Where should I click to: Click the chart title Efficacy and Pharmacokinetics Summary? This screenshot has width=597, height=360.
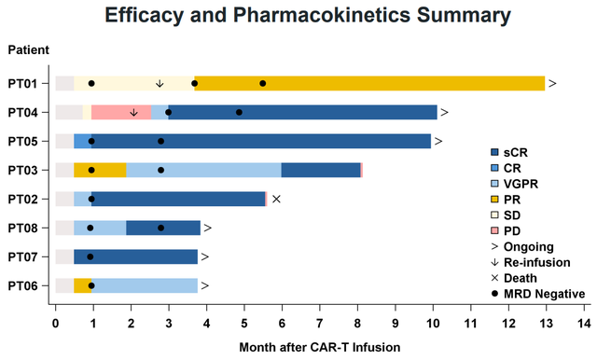(x=308, y=16)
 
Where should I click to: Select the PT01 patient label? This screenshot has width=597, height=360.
(x=22, y=84)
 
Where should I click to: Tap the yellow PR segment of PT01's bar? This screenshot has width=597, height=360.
(x=369, y=83)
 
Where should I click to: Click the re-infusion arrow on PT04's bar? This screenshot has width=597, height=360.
(x=133, y=112)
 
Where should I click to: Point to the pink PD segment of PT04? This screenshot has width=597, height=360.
(x=121, y=112)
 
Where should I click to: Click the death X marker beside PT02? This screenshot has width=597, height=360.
(x=276, y=199)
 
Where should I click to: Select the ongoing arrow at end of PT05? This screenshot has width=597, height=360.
(x=438, y=141)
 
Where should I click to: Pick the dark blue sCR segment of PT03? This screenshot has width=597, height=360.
(x=321, y=170)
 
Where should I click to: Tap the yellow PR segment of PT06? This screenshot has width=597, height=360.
(x=83, y=285)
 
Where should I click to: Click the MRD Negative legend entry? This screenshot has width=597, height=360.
(x=538, y=294)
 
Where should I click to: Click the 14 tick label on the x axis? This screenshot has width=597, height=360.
(x=584, y=323)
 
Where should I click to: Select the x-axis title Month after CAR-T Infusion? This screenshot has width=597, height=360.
(x=320, y=347)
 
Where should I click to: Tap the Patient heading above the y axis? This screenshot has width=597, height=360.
(x=29, y=49)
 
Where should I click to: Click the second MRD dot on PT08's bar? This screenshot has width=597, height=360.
(x=161, y=228)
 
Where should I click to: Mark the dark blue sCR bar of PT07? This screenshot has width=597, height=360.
(x=135, y=256)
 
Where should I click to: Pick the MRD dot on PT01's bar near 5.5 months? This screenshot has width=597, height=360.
(x=263, y=83)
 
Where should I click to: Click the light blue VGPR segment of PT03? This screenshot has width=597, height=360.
(x=203, y=170)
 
